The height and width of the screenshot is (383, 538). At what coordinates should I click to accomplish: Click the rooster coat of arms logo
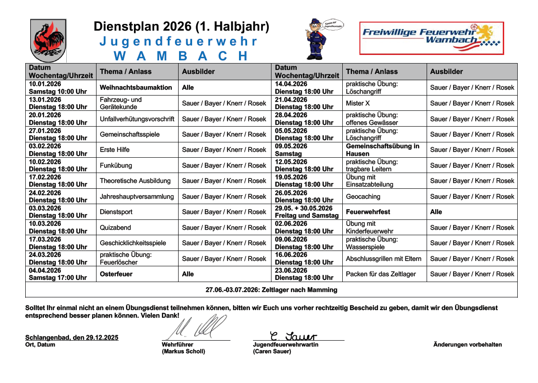pos(48,40)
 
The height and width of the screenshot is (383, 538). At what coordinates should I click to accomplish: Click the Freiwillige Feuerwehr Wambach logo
pos(431,38)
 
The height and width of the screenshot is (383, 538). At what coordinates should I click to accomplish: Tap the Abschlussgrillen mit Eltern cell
pos(383,259)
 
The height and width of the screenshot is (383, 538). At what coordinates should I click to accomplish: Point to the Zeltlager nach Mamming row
pos(271,290)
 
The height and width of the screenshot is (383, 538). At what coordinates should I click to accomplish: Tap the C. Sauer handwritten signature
pos(293,336)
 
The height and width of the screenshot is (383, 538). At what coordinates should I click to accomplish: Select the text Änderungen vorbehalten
pos(467,345)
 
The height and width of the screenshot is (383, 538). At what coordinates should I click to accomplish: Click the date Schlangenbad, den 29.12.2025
pos(72,337)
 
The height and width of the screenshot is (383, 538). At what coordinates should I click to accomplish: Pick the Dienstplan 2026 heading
pos(181,27)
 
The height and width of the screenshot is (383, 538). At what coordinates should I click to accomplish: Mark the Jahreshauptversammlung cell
pos(137,196)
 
